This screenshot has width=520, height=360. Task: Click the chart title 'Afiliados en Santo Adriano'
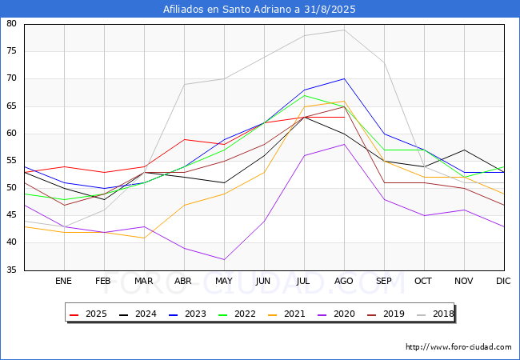click(259, 10)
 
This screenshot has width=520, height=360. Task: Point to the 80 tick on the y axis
click(12, 24)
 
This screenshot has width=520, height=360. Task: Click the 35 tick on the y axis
click(12, 270)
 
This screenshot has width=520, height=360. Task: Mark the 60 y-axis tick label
click(12, 134)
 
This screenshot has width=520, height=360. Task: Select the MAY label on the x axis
click(224, 282)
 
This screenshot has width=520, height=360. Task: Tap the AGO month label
click(344, 282)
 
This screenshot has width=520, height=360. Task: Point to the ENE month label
click(64, 282)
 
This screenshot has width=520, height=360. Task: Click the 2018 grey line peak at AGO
click(344, 30)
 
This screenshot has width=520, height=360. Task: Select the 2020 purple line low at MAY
click(224, 259)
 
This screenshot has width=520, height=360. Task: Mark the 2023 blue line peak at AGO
click(344, 78)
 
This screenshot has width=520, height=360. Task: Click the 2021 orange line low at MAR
click(144, 238)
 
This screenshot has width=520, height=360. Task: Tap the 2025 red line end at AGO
click(344, 117)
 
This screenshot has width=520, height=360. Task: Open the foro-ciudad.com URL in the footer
click(458, 347)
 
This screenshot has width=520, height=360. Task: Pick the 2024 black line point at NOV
click(464, 150)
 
